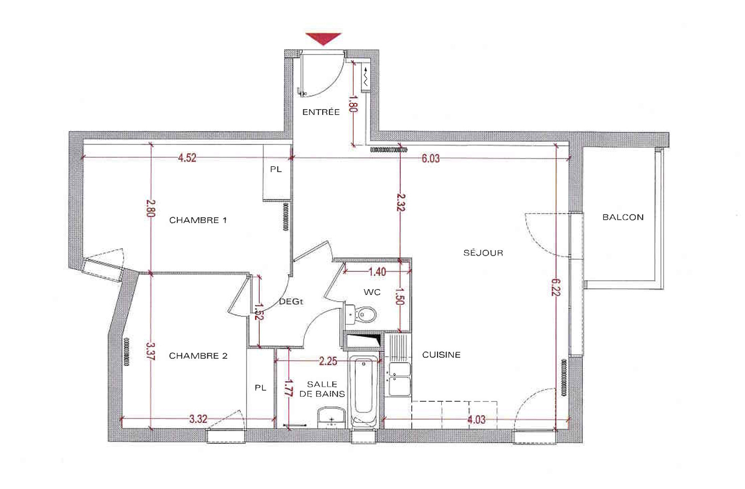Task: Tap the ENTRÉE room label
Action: pyautogui.click(x=321, y=112)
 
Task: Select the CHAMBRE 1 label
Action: pyautogui.click(x=198, y=220)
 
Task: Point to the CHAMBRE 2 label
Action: pyautogui.click(x=198, y=356)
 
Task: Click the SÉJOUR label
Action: pyautogui.click(x=483, y=253)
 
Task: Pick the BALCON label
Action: pyautogui.click(x=623, y=217)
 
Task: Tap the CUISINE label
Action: pyautogui.click(x=441, y=355)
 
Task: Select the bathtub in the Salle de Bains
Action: pyautogui.click(x=364, y=392)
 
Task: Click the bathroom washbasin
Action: pyautogui.click(x=331, y=418)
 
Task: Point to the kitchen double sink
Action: pyautogui.click(x=399, y=379)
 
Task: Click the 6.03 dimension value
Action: pyautogui.click(x=431, y=158)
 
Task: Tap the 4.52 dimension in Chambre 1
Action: pyautogui.click(x=187, y=158)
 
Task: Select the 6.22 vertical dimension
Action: pyautogui.click(x=556, y=287)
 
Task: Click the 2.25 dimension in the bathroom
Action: pyautogui.click(x=328, y=362)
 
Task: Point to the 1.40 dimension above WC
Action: pyautogui.click(x=377, y=272)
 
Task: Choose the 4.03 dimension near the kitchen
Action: pyautogui.click(x=476, y=420)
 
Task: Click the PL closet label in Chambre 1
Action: pyautogui.click(x=276, y=169)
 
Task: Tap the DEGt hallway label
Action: pyautogui.click(x=291, y=302)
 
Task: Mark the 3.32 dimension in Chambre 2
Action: pyautogui.click(x=198, y=419)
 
